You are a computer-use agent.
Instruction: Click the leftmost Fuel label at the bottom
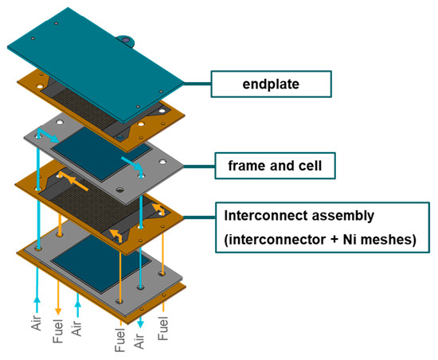pyautogui.click(x=58, y=328)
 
